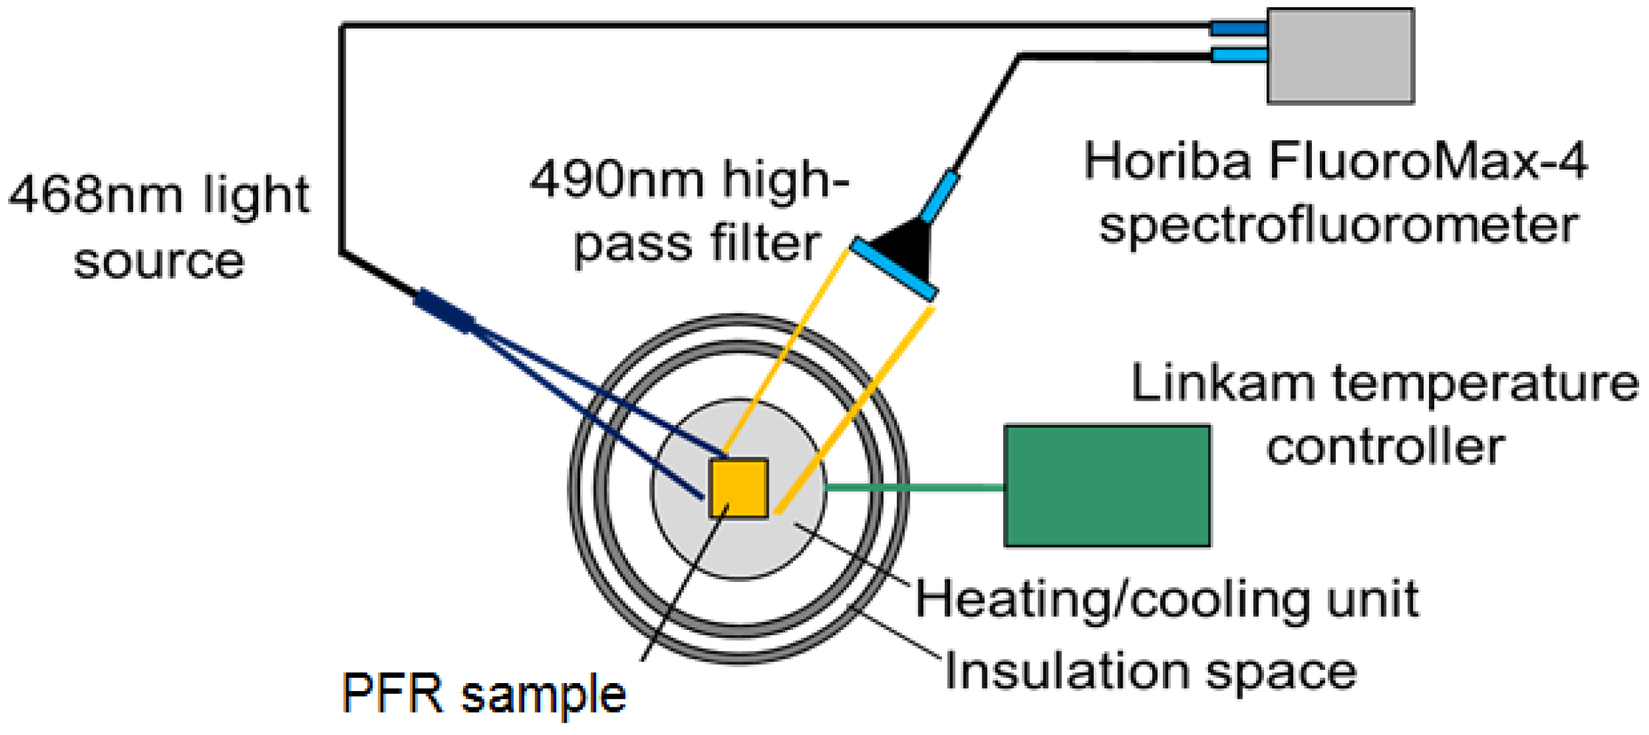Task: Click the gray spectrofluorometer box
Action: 1340,56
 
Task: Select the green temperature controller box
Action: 1106,486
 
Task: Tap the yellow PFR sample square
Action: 738,488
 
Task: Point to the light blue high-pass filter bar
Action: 893,270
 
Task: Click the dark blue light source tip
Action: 444,310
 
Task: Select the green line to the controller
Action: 913,487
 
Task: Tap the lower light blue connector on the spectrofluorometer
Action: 1238,55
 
